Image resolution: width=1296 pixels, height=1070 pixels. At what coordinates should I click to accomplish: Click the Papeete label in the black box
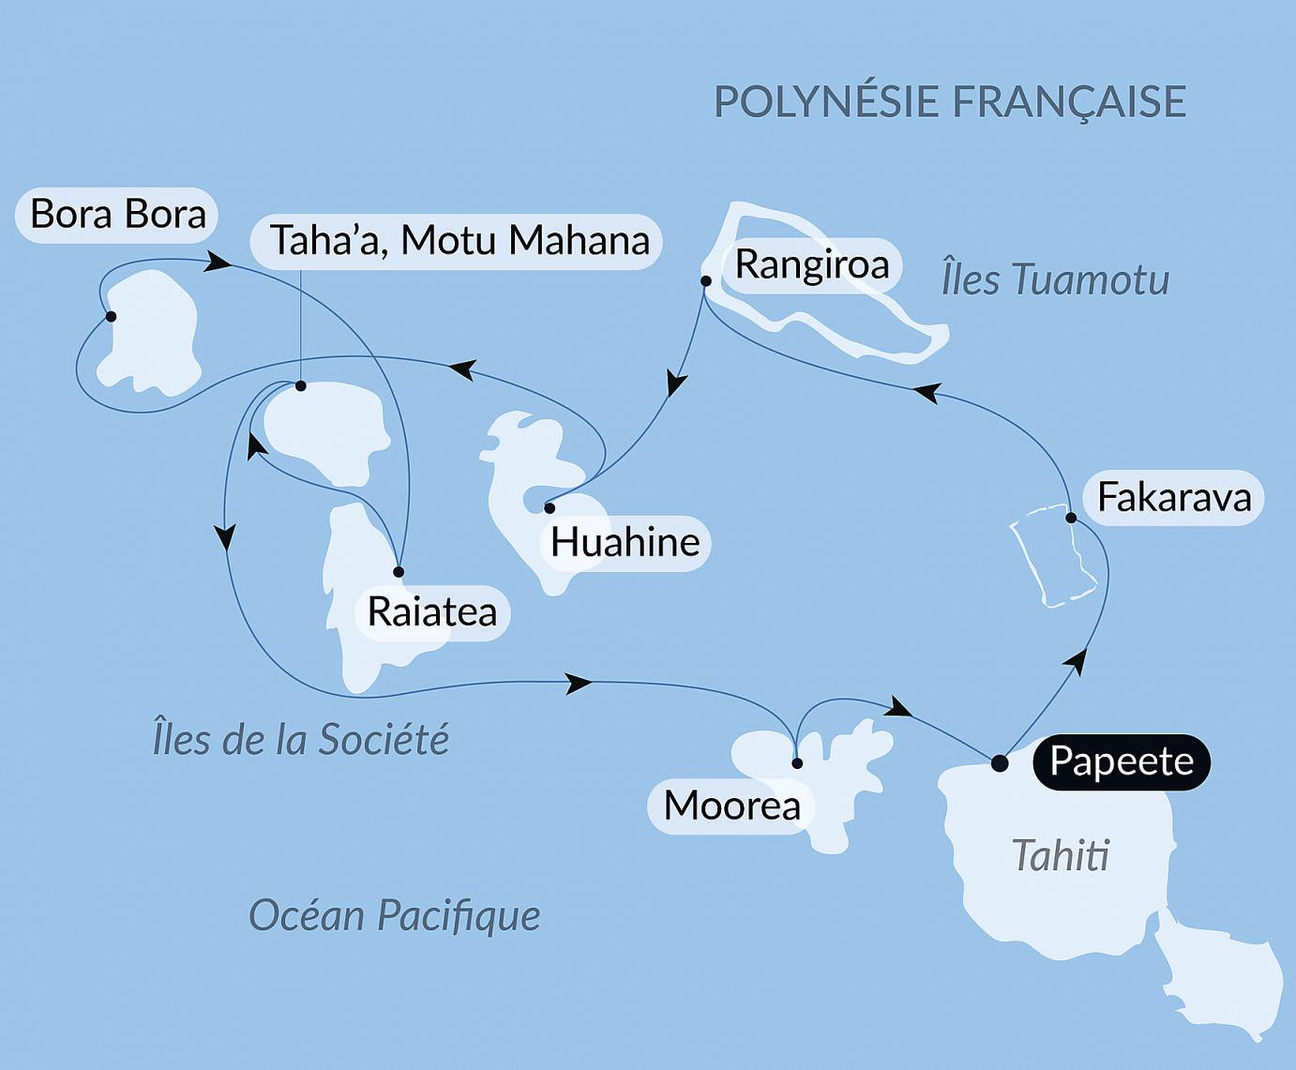[x=1121, y=761]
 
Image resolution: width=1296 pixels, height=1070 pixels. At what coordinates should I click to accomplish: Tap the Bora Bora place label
[x=117, y=215]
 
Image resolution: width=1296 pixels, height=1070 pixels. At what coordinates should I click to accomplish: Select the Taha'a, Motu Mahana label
[x=459, y=241]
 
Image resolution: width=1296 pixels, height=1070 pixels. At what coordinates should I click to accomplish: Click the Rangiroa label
[x=811, y=264]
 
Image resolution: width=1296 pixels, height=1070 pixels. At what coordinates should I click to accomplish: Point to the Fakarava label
[x=1173, y=497]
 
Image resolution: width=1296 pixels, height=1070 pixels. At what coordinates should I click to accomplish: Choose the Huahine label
[x=625, y=542]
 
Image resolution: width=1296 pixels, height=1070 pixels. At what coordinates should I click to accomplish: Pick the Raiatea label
[x=431, y=612]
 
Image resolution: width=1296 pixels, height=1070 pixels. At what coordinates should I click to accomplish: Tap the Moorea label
[x=731, y=806]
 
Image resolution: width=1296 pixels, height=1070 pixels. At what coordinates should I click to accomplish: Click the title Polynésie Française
[x=949, y=101]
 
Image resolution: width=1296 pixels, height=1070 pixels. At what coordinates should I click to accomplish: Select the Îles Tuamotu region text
[x=1055, y=279]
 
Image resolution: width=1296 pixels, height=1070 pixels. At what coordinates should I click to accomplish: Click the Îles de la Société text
[x=300, y=739]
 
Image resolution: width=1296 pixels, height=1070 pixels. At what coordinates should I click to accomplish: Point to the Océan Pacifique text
[x=394, y=914]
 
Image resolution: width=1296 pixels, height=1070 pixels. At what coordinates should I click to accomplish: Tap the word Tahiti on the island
[x=1061, y=855]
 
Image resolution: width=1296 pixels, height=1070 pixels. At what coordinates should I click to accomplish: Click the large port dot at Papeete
[x=1000, y=762]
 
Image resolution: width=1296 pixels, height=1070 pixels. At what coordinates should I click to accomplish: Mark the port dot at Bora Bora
[x=111, y=317]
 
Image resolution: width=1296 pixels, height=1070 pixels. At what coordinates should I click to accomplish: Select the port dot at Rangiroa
[x=706, y=280]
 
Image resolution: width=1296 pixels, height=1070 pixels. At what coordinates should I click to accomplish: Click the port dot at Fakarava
[x=1070, y=518]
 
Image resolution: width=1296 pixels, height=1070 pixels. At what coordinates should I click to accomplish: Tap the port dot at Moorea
[x=797, y=763]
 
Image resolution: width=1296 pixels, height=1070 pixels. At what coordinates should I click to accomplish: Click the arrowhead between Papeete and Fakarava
[x=1077, y=661]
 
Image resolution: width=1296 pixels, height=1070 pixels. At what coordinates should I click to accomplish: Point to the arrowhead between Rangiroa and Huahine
[x=676, y=384]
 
